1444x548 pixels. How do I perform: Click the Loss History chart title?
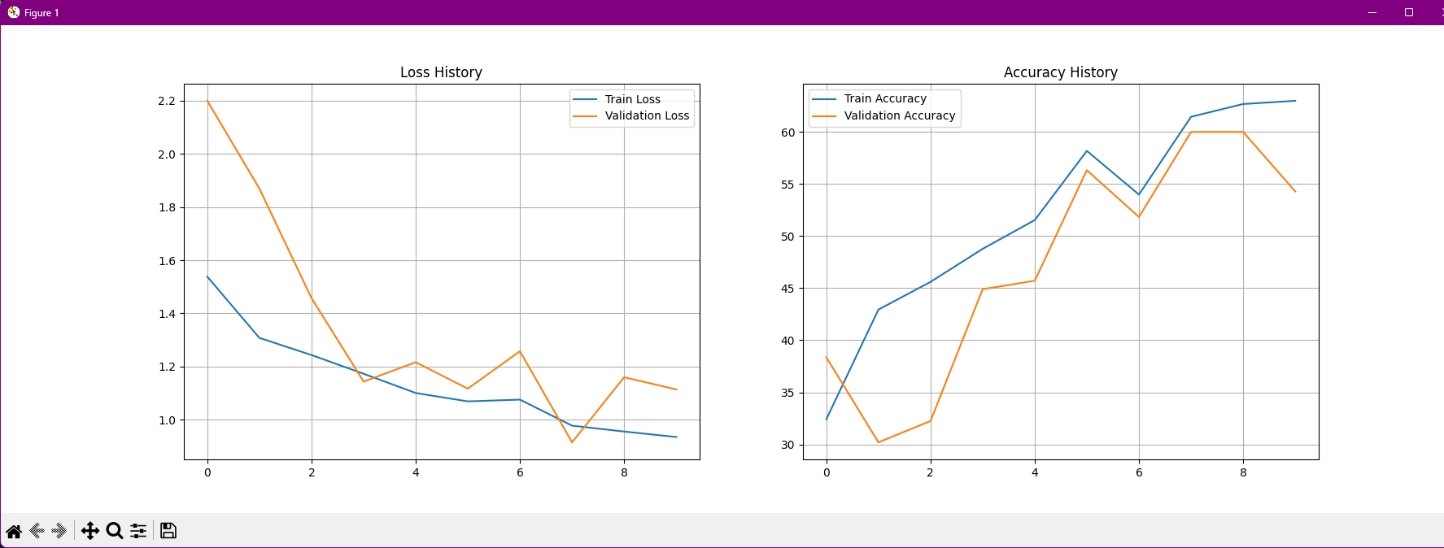pyautogui.click(x=441, y=72)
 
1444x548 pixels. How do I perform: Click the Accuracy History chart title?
pyautogui.click(x=1060, y=72)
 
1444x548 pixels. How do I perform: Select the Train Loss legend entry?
pyautogui.click(x=632, y=99)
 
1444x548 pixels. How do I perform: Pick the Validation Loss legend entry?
pyautogui.click(x=647, y=115)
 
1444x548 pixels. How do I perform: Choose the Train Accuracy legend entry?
pyautogui.click(x=884, y=98)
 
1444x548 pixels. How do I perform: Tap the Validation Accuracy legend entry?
pyautogui.click(x=899, y=115)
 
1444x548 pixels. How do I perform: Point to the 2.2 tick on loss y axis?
pyautogui.click(x=167, y=101)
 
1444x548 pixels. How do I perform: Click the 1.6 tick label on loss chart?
pyautogui.click(x=167, y=261)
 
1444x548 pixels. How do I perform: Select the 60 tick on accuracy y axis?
pyautogui.click(x=787, y=133)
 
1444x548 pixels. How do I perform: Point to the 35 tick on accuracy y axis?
pyautogui.click(x=787, y=393)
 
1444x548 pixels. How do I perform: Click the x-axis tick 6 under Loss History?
pyautogui.click(x=520, y=472)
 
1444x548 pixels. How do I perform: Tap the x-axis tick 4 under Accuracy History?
pyautogui.click(x=1035, y=472)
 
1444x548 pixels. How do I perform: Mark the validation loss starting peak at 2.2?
pyautogui.click(x=207, y=101)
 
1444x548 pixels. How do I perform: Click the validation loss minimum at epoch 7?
pyautogui.click(x=572, y=442)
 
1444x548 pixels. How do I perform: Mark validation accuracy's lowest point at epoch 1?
pyautogui.click(x=879, y=442)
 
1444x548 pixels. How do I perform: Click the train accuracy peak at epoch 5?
pyautogui.click(x=1087, y=151)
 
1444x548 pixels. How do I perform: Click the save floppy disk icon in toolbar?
pyautogui.click(x=168, y=531)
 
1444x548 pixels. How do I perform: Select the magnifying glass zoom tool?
pyautogui.click(x=115, y=531)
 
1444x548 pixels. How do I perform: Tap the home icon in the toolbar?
pyautogui.click(x=14, y=531)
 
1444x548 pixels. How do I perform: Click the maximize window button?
pyautogui.click(x=1409, y=12)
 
